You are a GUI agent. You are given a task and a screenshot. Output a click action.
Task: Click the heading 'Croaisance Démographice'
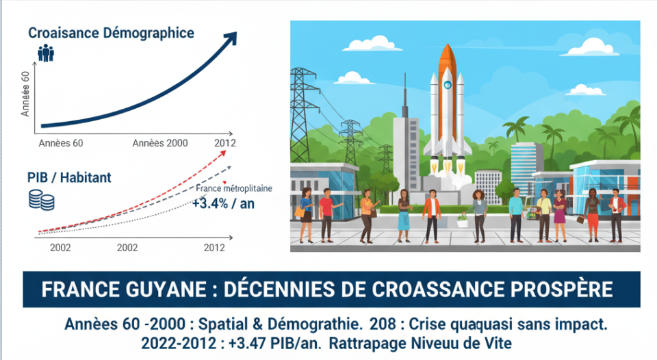pos(111,33)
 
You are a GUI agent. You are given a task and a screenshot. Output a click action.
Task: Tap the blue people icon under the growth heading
pos(45,53)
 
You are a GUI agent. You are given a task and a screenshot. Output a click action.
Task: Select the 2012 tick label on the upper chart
pos(224,142)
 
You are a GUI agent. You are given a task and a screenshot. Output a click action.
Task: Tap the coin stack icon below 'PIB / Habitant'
pos(42,200)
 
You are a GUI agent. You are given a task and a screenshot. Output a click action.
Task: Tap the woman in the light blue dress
pos(403,214)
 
